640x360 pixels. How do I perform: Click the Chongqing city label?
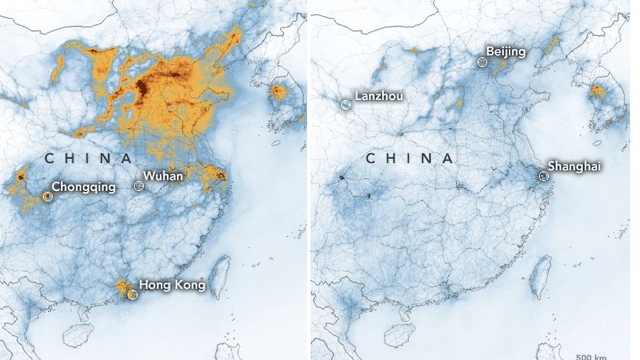pos(83,188)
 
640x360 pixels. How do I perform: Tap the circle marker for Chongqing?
pos(47,196)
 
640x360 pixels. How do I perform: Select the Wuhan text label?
pos(163,176)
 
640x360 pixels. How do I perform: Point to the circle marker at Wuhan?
pos(138,186)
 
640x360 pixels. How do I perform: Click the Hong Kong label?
pos(172,285)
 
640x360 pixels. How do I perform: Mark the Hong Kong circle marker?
pos(132,294)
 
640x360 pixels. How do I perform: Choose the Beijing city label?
pos(505,52)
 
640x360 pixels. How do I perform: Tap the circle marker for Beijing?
pos(483,62)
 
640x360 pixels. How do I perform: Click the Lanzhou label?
pos(379,96)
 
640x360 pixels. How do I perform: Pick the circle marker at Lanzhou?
pos(346,104)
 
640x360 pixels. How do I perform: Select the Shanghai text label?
pos(575,166)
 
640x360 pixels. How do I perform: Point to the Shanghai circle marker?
pos(543,176)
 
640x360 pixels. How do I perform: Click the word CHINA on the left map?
pos(88,158)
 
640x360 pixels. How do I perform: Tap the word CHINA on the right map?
pos(409,158)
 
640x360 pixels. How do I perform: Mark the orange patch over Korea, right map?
pos(599,92)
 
